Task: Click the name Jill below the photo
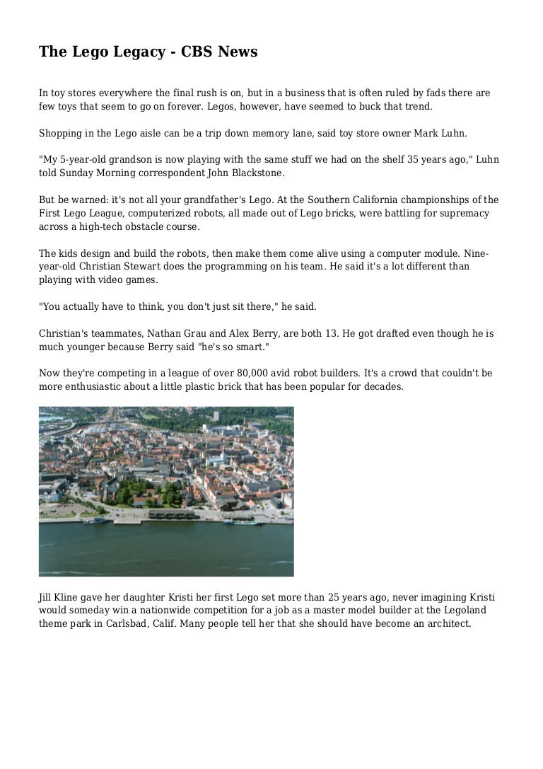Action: pos(45,597)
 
